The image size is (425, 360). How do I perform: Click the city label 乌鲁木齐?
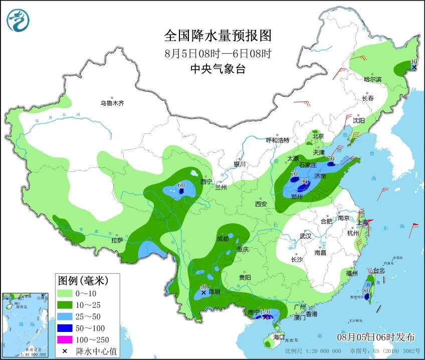pyautogui.click(x=112, y=103)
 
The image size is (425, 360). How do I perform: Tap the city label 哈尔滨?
pyautogui.click(x=372, y=79)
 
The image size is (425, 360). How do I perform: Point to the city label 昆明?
pyautogui.click(x=214, y=291)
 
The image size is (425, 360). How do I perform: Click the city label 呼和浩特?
pyautogui.click(x=278, y=140)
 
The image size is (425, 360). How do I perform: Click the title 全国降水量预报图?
pyautogui.click(x=218, y=36)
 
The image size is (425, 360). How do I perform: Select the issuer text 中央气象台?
pyautogui.click(x=218, y=69)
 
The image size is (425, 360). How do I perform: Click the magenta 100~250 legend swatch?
pyautogui.click(x=65, y=340)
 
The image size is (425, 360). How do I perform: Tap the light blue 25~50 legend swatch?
pyautogui.click(x=65, y=316)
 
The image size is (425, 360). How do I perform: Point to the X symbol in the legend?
pyautogui.click(x=65, y=351)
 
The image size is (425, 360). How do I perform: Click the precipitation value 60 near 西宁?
pyautogui.click(x=182, y=186)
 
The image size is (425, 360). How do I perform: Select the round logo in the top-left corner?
pyautogui.click(x=18, y=20)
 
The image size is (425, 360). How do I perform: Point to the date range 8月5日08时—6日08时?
pyautogui.click(x=218, y=53)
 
